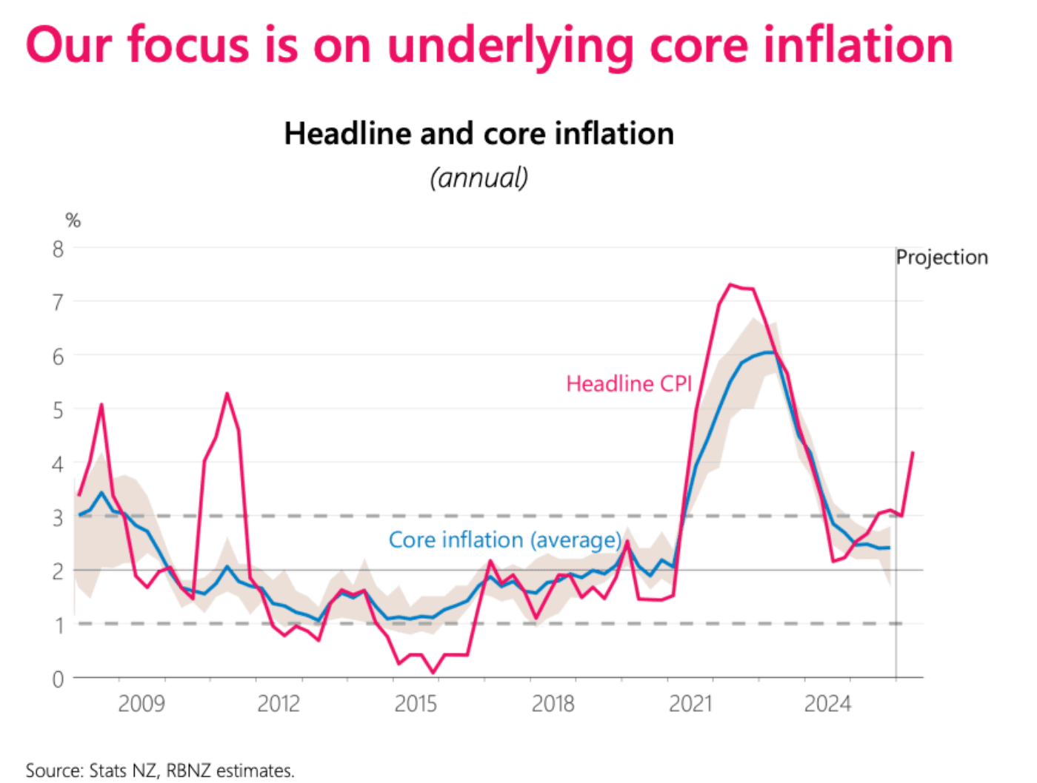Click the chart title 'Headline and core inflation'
(x=479, y=134)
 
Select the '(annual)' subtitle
(x=479, y=178)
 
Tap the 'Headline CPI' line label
(x=628, y=383)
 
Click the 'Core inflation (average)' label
(x=505, y=540)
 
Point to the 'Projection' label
(x=941, y=257)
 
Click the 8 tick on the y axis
(x=58, y=249)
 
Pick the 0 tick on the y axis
(x=58, y=679)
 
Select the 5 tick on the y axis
(x=58, y=410)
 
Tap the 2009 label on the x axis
(x=141, y=703)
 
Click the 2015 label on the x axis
(x=416, y=703)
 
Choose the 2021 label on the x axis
(x=690, y=703)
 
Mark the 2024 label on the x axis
(x=827, y=703)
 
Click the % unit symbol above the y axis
(x=73, y=220)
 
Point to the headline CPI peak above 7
(x=730, y=284)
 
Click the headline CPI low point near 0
(x=433, y=673)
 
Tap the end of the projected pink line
(x=913, y=452)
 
